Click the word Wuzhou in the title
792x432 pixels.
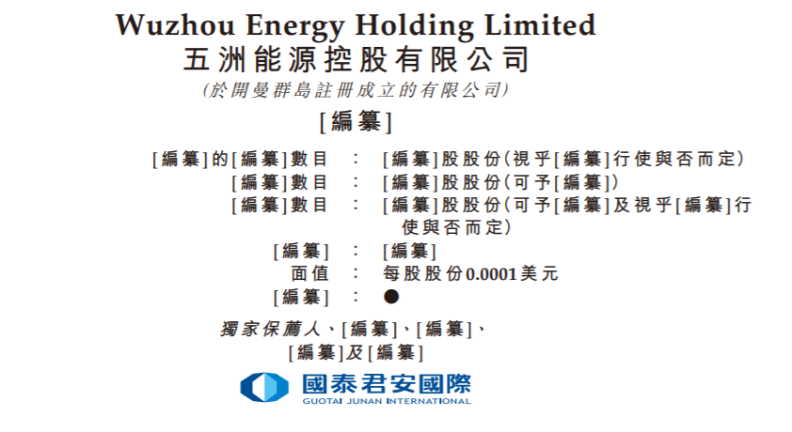pos(175,24)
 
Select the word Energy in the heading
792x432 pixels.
pos(295,26)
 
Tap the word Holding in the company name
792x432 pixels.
pos(414,26)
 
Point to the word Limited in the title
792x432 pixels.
pos(540,24)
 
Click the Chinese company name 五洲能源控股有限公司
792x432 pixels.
pos(356,59)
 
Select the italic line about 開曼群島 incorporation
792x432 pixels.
pos(356,91)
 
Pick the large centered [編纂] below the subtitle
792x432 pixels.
pos(356,121)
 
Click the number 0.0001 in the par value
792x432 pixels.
pos(491,275)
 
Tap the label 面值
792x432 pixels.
pos(309,273)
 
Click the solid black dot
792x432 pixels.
pos(391,297)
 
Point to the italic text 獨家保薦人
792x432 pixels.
pos(270,330)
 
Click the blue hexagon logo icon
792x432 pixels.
pos(264,387)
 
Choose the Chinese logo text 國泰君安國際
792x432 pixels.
pos(387,384)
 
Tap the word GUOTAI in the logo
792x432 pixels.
pos(323,401)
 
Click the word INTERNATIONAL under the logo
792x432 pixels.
pos(429,401)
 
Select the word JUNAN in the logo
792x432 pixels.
pos(364,401)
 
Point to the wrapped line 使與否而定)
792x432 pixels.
pos(456,228)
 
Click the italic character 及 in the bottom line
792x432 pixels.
pos(356,352)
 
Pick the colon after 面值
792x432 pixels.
pos(356,273)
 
